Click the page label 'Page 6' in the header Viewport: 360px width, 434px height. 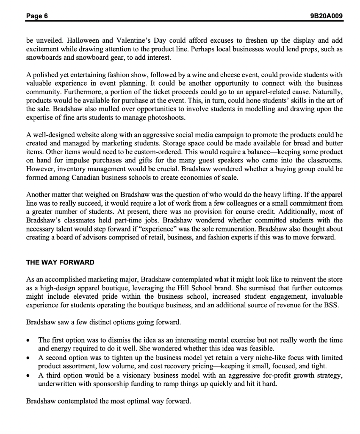coord(37,16)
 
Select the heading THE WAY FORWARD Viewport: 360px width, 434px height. coord(60,262)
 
